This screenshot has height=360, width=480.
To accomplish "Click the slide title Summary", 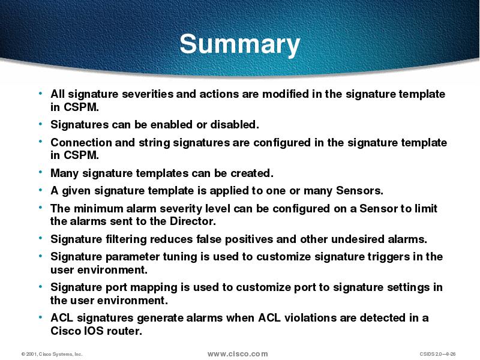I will coord(239,44).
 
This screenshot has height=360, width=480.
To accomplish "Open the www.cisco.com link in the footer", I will coord(238,354).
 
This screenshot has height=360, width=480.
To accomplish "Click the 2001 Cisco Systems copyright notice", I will coord(52,355).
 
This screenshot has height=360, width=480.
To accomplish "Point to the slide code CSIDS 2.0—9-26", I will coord(439,355).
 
